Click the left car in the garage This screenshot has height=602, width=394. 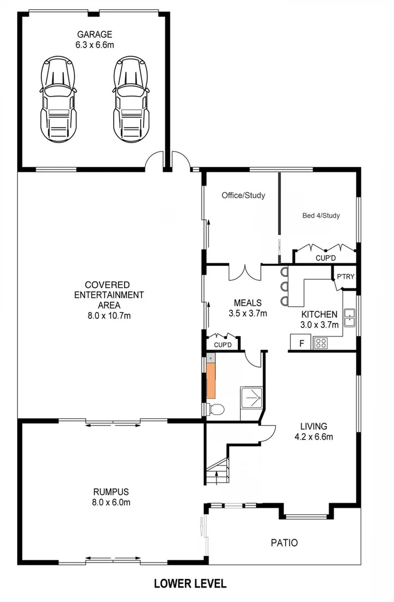click(58, 98)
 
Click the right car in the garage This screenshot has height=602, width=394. click(131, 98)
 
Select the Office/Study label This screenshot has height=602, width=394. click(244, 195)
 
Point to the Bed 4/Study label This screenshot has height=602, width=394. click(321, 216)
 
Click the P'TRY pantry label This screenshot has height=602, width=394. click(345, 277)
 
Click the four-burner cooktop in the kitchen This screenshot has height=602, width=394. click(320, 344)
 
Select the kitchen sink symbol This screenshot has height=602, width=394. click(349, 317)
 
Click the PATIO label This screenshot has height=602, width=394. click(284, 542)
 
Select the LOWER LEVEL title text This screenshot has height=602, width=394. click(190, 584)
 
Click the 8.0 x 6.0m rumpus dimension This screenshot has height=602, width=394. click(111, 503)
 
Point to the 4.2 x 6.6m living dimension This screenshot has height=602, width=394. click(314, 437)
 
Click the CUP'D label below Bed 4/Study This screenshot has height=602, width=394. click(326, 258)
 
